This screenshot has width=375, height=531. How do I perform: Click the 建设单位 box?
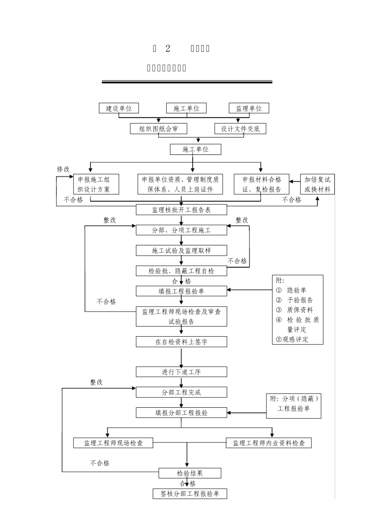[x=118, y=108]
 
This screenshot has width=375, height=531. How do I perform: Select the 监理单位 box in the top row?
[x=249, y=108]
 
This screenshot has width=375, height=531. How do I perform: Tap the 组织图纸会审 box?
[x=158, y=129]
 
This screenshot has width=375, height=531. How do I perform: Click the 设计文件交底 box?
[x=240, y=129]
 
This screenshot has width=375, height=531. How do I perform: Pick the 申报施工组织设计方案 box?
[x=94, y=184]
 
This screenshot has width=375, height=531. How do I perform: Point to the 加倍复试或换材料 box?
[x=317, y=184]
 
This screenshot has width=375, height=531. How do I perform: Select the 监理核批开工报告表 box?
[x=182, y=210]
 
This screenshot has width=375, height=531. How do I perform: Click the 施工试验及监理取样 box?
[x=182, y=250]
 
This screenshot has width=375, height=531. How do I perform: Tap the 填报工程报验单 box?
[x=182, y=291]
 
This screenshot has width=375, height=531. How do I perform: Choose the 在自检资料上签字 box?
[x=182, y=342]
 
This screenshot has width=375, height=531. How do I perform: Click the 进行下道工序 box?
[x=182, y=372]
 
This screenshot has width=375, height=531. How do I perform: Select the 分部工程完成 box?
[x=182, y=392]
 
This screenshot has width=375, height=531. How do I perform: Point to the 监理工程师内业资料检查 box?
[x=268, y=443]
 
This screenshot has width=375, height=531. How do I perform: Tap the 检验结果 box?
[x=190, y=473]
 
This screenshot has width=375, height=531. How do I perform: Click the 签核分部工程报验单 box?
[x=190, y=493]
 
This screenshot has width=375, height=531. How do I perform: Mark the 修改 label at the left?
[x=63, y=169]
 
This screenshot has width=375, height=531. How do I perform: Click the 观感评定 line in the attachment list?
[x=292, y=339]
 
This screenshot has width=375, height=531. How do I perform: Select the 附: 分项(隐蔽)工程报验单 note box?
[x=294, y=404]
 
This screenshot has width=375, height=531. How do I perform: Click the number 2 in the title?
[x=168, y=48]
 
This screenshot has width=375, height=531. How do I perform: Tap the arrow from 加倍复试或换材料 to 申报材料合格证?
[x=294, y=181]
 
